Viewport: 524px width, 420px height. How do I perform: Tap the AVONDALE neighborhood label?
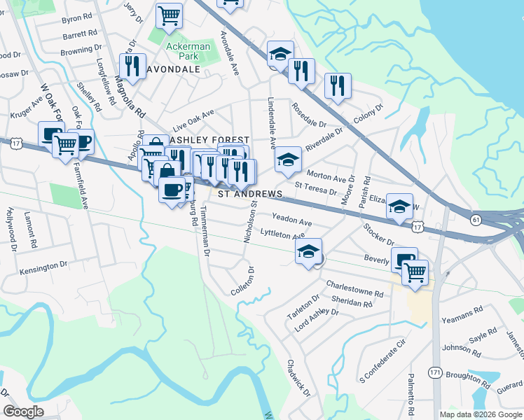174,69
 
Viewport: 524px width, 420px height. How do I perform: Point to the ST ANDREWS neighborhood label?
250,194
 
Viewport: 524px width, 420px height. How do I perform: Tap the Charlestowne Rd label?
355,288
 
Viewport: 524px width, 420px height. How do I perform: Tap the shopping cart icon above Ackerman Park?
169,15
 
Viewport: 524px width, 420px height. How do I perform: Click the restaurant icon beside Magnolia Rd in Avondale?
132,66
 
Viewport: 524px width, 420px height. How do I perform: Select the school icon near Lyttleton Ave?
308,251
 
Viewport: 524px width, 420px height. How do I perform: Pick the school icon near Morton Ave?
287,160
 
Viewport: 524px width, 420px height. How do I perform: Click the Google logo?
24,412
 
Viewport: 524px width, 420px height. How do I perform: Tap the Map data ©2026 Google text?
481,414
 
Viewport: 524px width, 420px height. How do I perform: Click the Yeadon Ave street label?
291,219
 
